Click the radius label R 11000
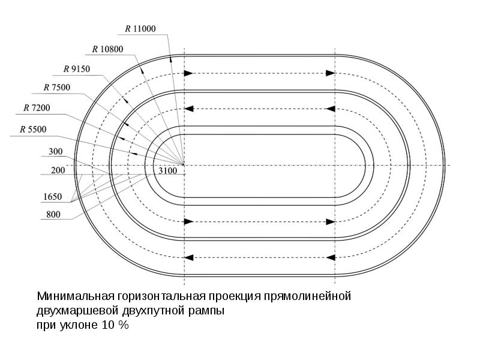coord(140,29)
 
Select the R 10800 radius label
coord(108,49)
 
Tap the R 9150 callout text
coord(77,69)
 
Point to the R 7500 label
coord(57,88)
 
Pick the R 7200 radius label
coord(37,108)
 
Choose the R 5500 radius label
coord(33,130)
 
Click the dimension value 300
coord(56,152)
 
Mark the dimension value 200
coord(58,170)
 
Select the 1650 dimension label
coord(53,197)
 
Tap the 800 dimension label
coord(53,215)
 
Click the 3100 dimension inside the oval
coord(168,171)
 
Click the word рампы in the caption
coord(206,311)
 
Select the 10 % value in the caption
coord(115,325)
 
